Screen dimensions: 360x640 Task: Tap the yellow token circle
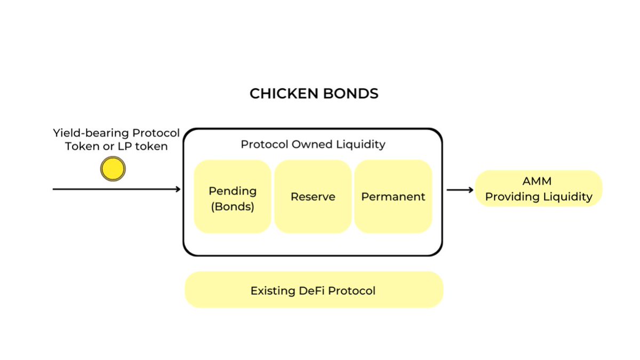[x=113, y=169]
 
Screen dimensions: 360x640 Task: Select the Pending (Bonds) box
[x=233, y=197]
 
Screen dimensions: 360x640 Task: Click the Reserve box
[x=313, y=197]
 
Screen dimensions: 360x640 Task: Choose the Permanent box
[x=393, y=197]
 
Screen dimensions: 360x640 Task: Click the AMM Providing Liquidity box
[x=539, y=189]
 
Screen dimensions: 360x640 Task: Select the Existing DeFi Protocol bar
[x=314, y=291]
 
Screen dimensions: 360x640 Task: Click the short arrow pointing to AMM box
[x=460, y=189]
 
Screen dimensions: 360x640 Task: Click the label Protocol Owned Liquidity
[x=313, y=144]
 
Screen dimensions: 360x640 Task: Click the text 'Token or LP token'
[x=115, y=146]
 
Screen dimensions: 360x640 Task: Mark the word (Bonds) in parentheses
[x=233, y=207]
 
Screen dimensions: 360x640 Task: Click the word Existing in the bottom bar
[x=272, y=291]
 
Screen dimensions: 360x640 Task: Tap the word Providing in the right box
[x=511, y=197]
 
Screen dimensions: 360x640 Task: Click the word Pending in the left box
[x=233, y=191]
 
